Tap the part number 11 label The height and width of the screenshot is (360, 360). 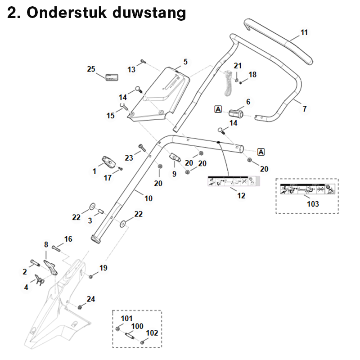point(304,32)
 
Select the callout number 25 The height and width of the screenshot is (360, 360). point(91,69)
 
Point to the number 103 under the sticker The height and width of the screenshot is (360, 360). point(313,204)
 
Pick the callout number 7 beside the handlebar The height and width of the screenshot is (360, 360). point(305,109)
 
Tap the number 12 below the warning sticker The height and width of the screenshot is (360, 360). point(241,196)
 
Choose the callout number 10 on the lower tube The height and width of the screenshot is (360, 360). point(148,198)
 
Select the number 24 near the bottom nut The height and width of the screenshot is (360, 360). point(91,299)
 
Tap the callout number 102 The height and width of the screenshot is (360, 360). point(153,333)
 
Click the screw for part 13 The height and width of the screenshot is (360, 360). point(143,61)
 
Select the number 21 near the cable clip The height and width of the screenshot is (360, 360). point(238,66)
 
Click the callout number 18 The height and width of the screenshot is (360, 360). point(252,74)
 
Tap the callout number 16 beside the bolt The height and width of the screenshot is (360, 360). point(68,239)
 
